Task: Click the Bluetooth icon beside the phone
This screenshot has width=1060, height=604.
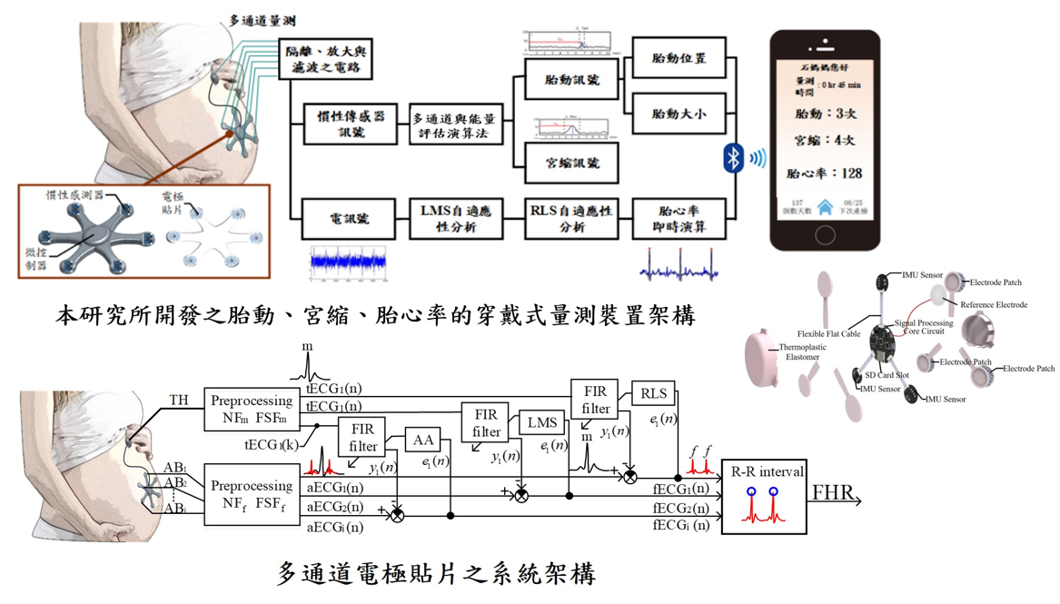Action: (733, 158)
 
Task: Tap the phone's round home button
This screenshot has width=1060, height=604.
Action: (825, 235)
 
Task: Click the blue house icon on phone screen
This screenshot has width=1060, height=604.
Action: (825, 207)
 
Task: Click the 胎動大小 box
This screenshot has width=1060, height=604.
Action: (679, 115)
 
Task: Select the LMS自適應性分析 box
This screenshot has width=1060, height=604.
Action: (455, 219)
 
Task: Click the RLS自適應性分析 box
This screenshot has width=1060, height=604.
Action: (572, 219)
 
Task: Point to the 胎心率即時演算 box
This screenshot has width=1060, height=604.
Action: (679, 219)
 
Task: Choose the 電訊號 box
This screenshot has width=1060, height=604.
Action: (348, 219)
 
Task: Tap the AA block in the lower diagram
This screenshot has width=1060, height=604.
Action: (423, 441)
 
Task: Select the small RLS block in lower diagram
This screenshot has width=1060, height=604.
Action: (653, 393)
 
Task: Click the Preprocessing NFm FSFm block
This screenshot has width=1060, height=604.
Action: (252, 409)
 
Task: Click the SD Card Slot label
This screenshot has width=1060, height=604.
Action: (887, 375)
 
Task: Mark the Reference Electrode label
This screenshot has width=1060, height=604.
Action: (993, 305)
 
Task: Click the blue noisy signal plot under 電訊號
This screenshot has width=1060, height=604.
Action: (348, 262)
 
